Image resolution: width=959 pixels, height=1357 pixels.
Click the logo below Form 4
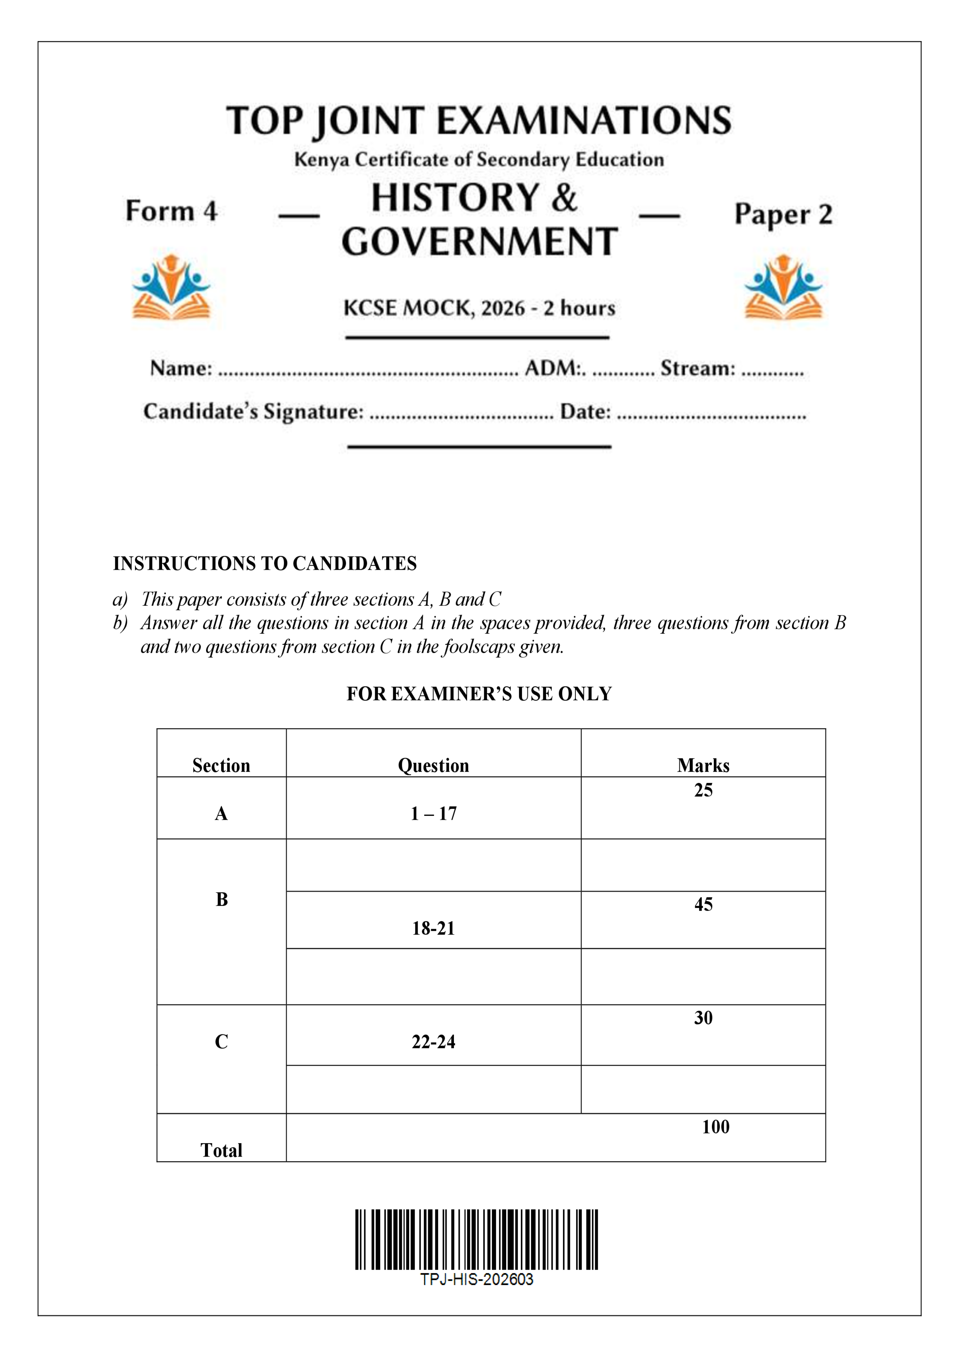coord(171,287)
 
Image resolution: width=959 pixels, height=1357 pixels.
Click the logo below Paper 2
coord(783,287)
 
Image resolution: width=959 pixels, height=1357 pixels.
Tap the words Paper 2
coord(783,214)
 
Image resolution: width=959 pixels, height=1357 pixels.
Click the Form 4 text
coord(171,211)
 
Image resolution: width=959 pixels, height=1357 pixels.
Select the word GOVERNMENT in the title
coord(479,242)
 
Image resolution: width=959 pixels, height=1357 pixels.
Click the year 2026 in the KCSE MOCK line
coord(503,308)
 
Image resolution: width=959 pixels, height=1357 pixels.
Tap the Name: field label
coord(181,368)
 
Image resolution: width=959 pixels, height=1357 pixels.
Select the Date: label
coord(585,411)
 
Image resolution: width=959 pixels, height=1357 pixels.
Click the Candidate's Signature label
coord(253,411)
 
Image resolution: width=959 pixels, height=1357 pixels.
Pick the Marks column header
coord(703,766)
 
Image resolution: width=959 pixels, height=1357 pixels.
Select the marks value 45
coord(703,904)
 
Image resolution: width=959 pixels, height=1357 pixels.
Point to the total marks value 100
coord(715,1126)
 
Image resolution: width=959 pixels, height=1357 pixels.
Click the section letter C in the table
coord(222,1041)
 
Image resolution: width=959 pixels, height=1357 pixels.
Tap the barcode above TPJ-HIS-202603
coord(476,1239)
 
